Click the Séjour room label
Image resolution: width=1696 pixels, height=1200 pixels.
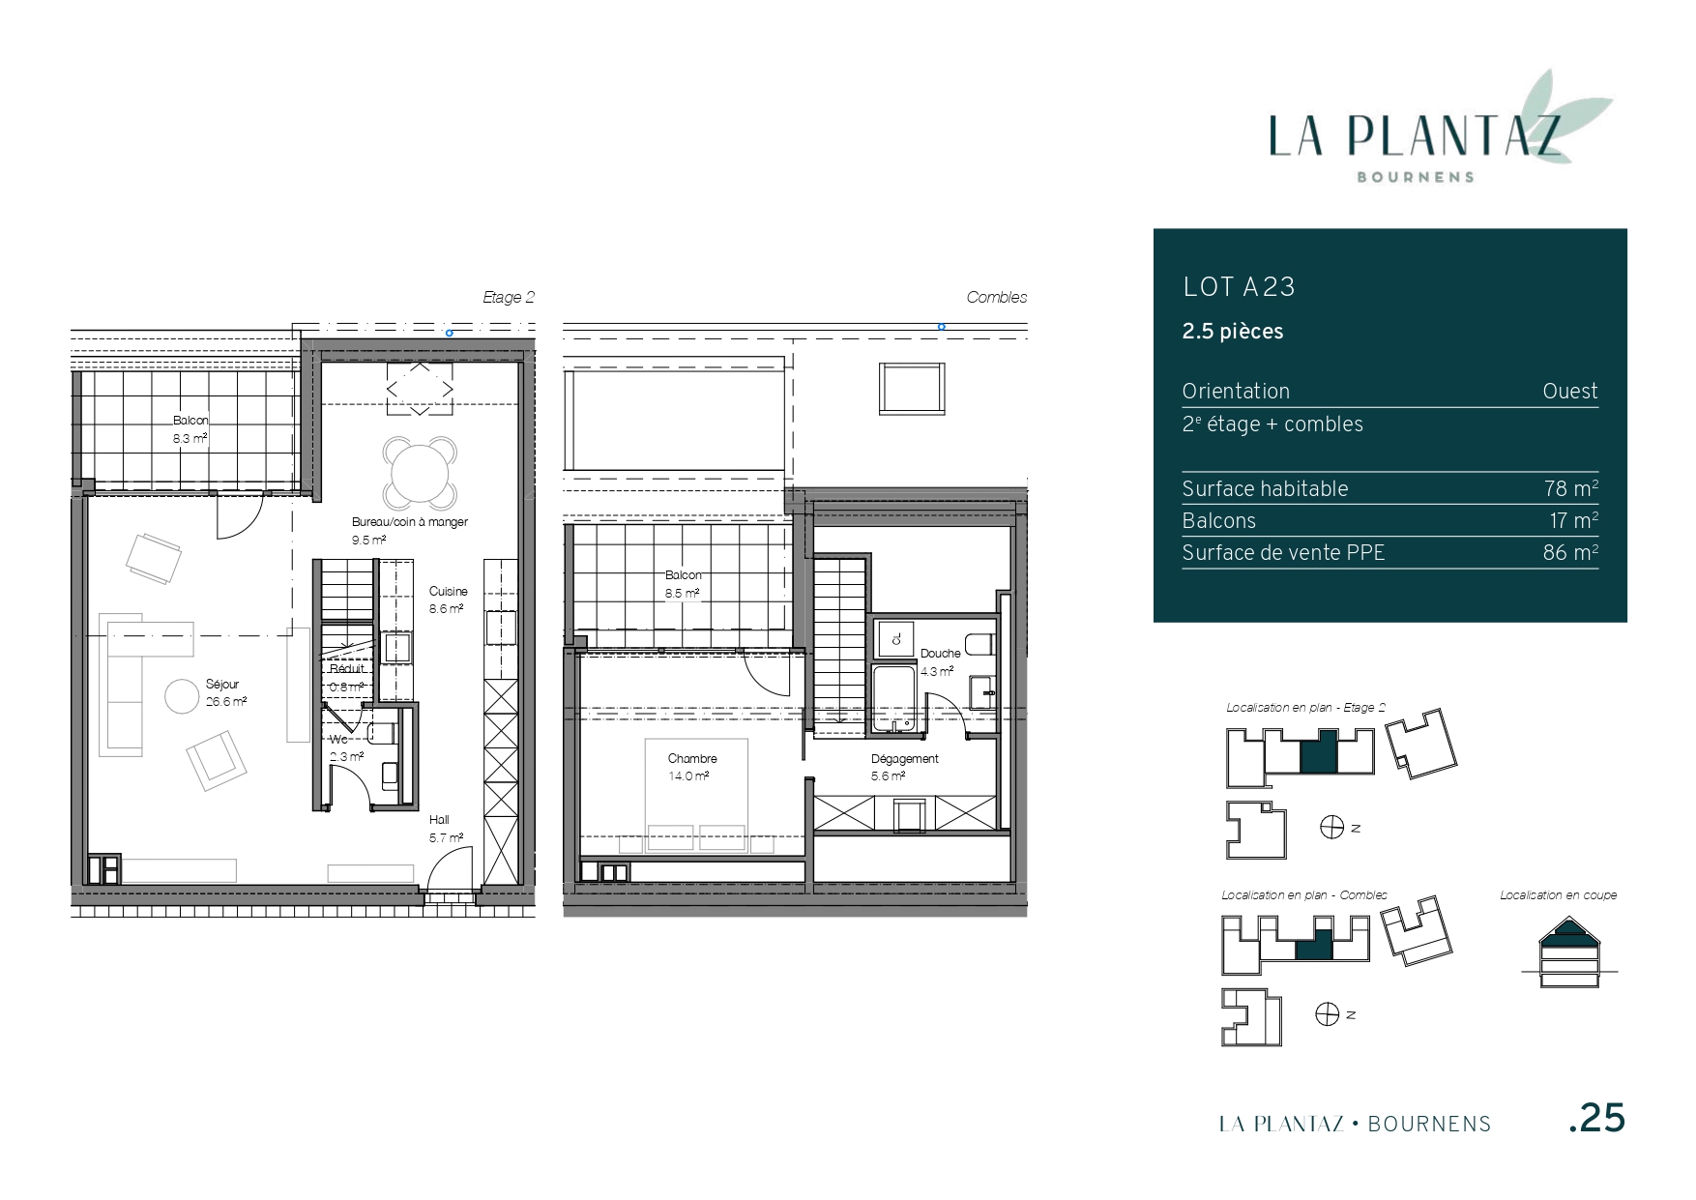coord(222,685)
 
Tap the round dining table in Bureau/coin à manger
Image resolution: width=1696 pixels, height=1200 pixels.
coord(420,473)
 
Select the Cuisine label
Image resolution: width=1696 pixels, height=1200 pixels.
coord(449,592)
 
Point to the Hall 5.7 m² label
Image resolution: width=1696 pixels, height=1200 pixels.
coord(446,829)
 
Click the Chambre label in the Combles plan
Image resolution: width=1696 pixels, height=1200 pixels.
coord(692,759)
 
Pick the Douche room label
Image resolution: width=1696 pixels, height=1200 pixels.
coord(940,654)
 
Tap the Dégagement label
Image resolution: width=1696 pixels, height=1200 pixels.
coord(905,759)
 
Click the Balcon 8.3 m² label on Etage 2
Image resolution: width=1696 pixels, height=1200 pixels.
coord(190,428)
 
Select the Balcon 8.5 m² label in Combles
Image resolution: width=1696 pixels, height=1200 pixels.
coord(683,584)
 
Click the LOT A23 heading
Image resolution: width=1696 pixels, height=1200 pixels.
coord(1239,287)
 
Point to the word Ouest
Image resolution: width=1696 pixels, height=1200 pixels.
coord(1570,392)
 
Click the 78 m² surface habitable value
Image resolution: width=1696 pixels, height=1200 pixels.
coord(1571,488)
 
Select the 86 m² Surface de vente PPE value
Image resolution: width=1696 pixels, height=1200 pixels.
coord(1570,552)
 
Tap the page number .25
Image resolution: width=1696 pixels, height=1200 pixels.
coord(1596,1118)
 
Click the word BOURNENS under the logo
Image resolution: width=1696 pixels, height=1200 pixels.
coord(1417,177)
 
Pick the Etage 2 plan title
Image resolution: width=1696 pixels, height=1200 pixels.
coord(509,298)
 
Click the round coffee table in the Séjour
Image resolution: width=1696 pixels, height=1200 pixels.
coord(181,696)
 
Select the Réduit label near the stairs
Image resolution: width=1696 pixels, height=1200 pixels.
coord(347,669)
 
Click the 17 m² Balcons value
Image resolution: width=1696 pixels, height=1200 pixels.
coord(1573,520)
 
